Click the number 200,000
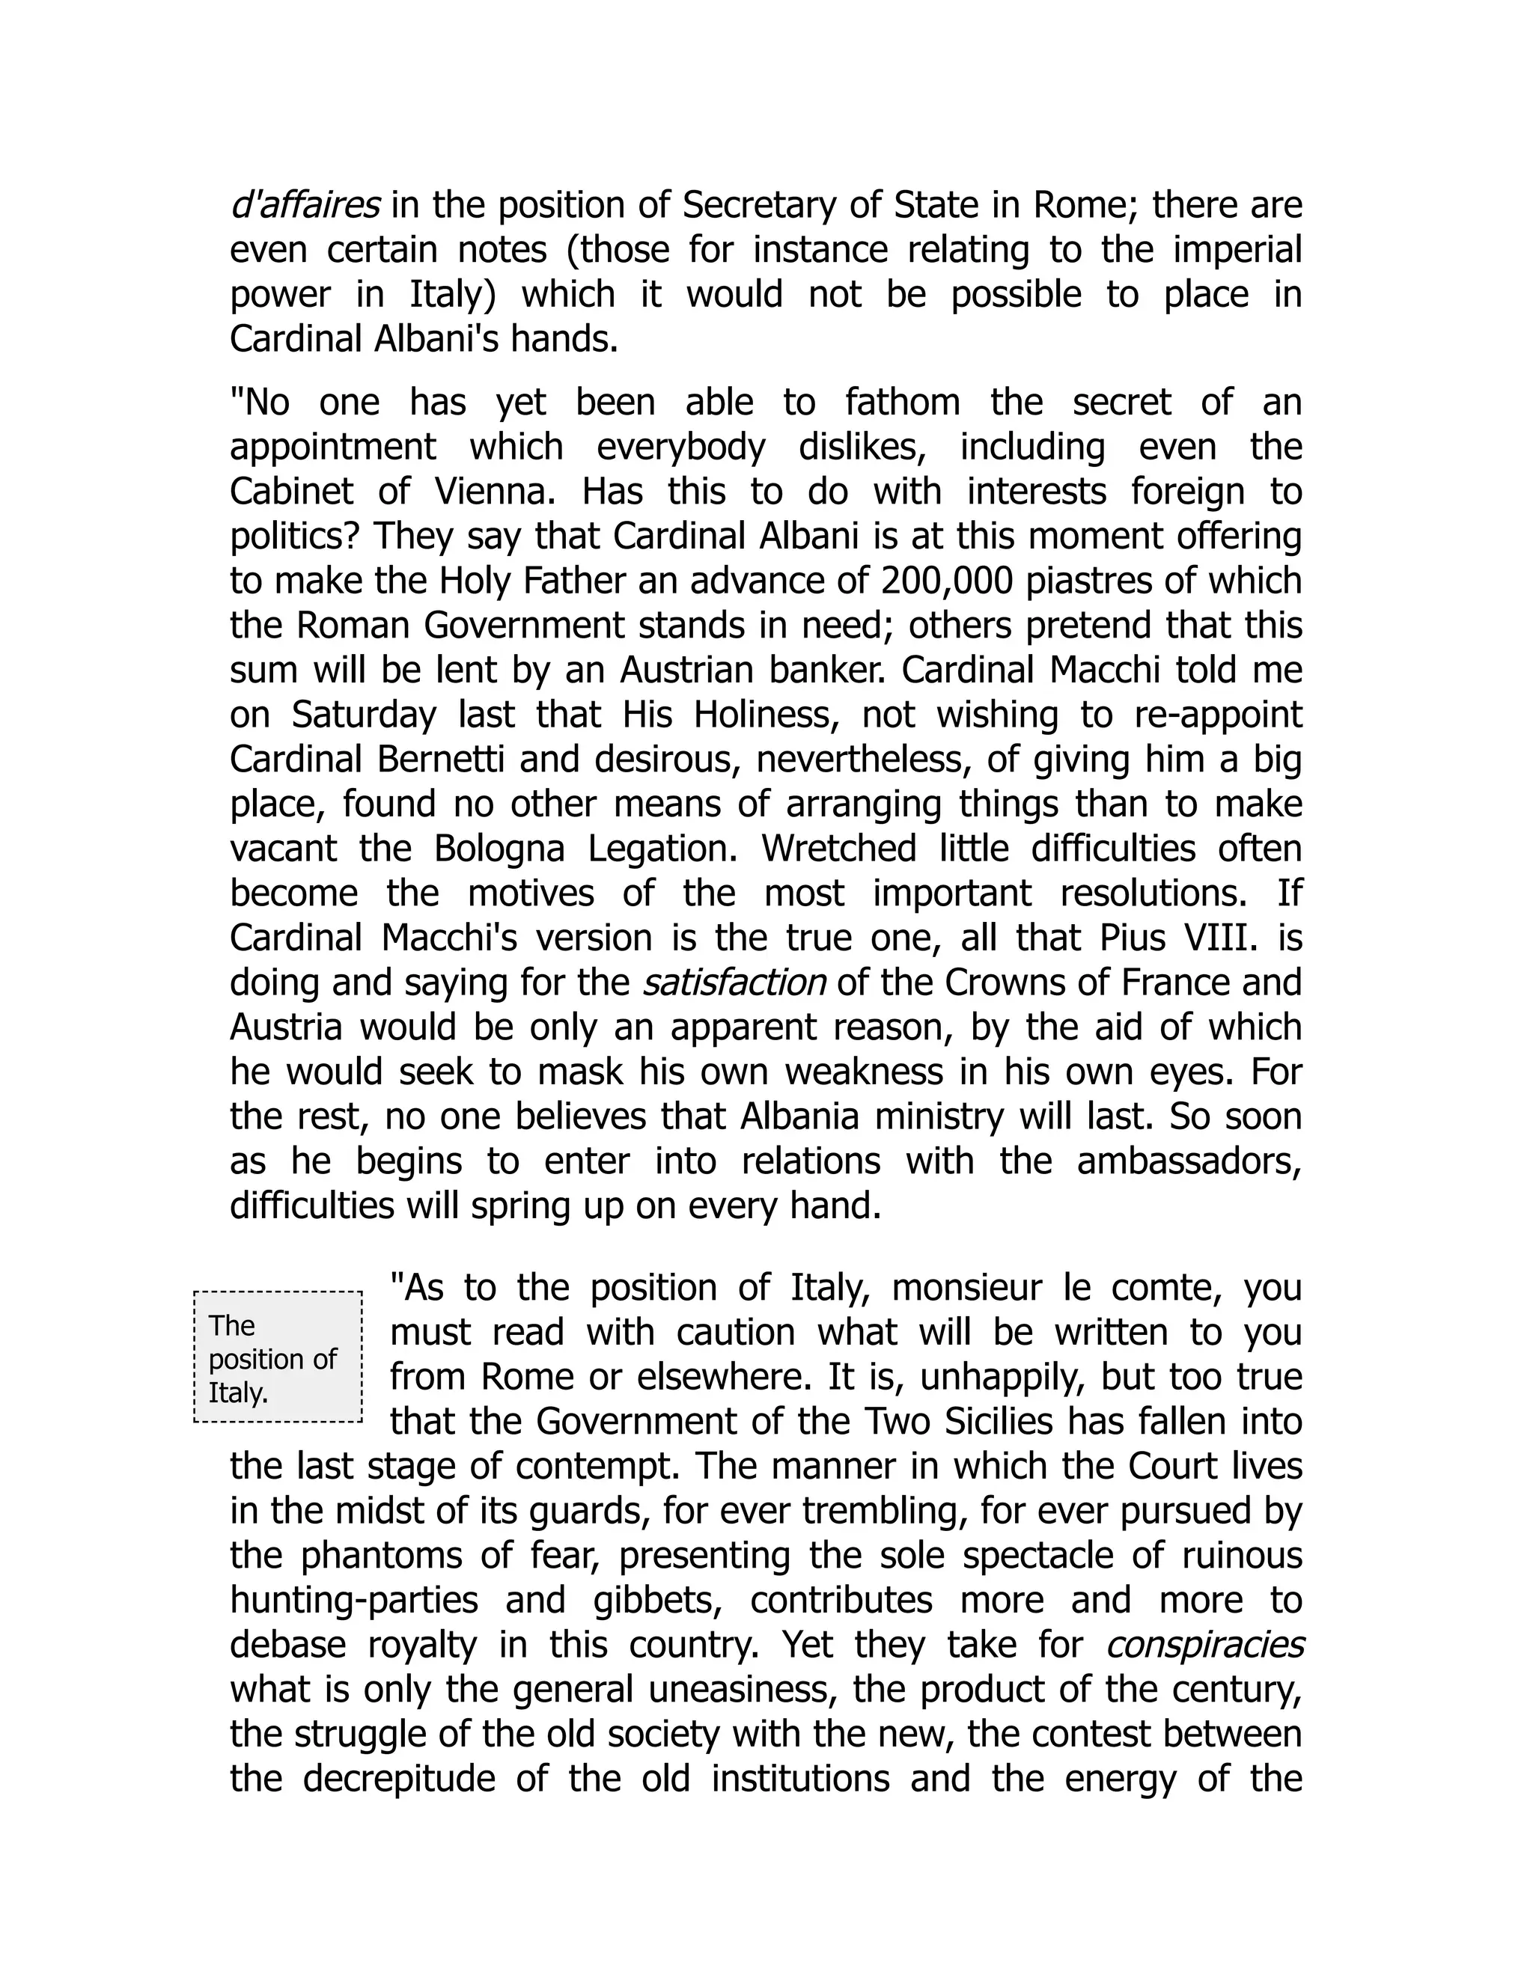tap(945, 581)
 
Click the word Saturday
tap(363, 715)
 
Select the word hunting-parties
tap(354, 1600)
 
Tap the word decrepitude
tap(399, 1779)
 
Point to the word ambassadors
tap(1189, 1161)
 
